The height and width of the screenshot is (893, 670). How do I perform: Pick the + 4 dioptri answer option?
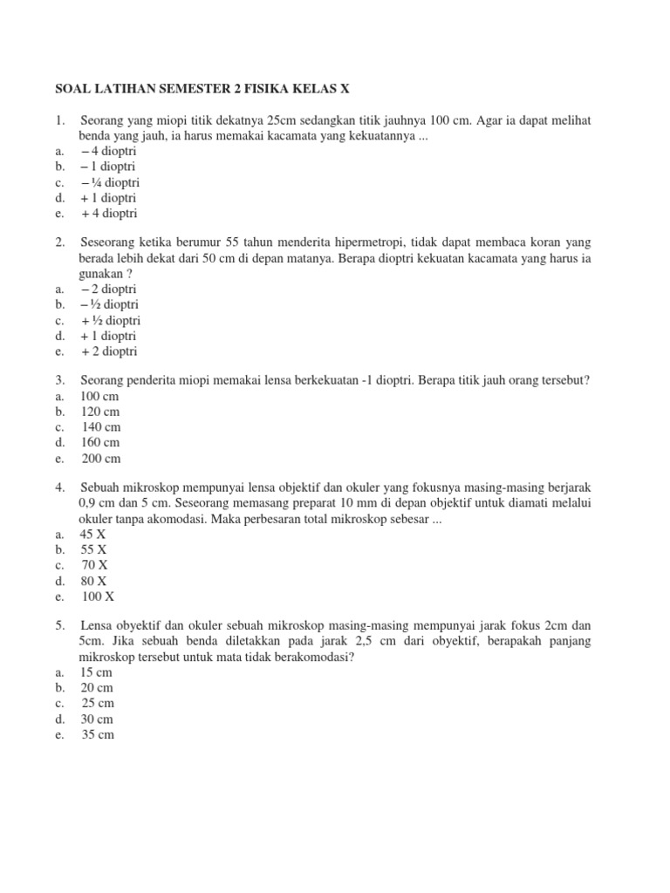109,214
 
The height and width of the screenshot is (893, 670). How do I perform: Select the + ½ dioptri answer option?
109,320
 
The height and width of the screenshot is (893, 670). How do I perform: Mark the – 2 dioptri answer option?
109,289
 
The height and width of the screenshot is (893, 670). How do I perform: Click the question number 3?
59,381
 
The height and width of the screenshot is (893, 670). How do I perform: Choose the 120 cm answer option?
100,412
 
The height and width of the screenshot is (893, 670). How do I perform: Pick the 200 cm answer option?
101,459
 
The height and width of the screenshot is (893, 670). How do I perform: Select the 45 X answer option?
93,534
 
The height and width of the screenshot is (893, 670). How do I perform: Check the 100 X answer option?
99,596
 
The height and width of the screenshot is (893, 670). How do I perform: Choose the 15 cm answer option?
97,672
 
